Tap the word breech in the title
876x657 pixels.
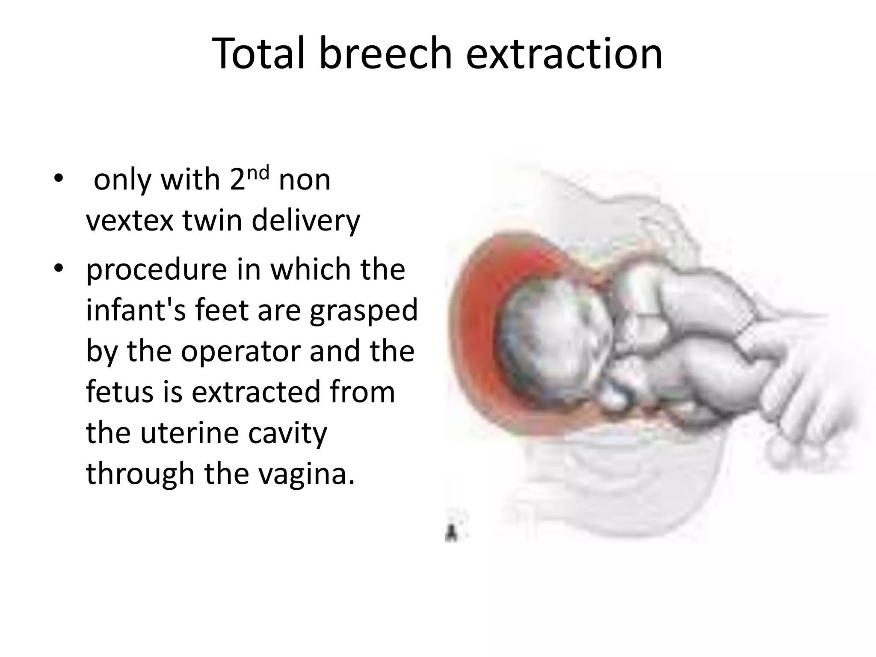tap(385, 53)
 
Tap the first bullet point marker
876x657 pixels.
tap(58, 179)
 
